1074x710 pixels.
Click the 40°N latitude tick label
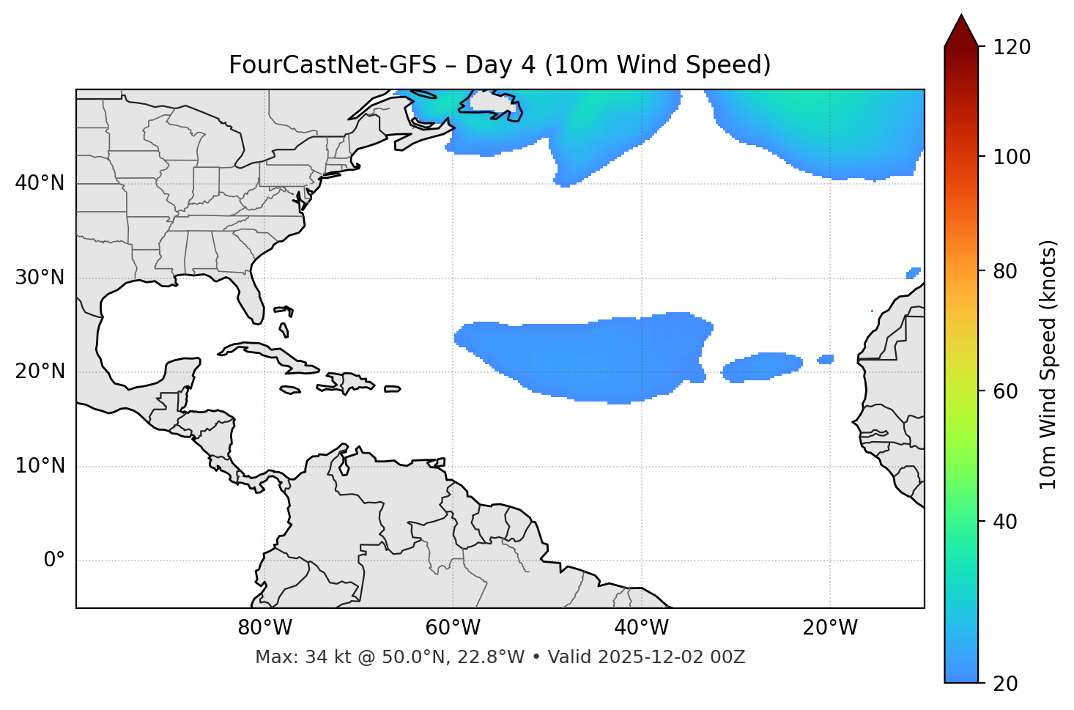[40, 183]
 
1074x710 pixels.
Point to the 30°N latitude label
[40, 278]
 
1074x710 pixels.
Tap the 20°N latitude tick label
[40, 371]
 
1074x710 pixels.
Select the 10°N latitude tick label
[40, 466]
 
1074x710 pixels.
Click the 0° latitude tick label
[54, 561]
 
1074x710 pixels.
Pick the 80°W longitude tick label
[264, 628]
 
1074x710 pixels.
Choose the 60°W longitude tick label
[453, 628]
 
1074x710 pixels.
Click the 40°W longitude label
[641, 628]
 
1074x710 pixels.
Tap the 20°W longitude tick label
[829, 628]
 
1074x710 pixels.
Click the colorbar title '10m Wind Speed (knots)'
[1048, 364]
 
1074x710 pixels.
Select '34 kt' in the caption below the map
[320, 657]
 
